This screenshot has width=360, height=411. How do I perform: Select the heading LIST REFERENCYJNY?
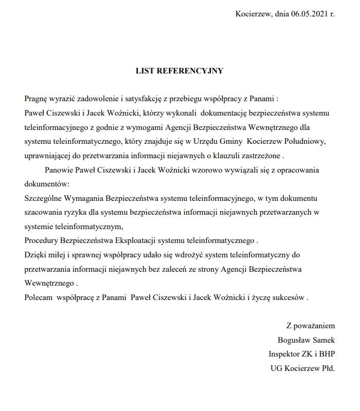point(179,71)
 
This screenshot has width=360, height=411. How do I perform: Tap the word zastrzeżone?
point(262,155)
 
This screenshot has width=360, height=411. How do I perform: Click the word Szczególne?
point(44,198)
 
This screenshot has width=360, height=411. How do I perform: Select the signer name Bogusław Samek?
point(305,340)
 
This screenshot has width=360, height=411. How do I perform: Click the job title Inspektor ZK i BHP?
point(301,354)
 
